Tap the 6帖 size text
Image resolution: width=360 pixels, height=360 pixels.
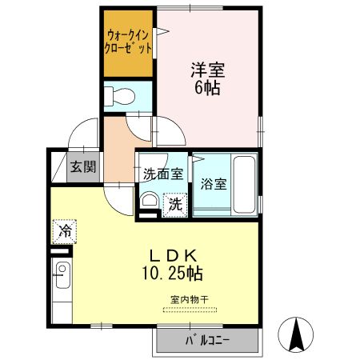click(206, 88)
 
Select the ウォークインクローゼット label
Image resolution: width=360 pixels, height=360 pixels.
click(128, 41)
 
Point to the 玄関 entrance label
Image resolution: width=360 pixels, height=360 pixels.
click(82, 167)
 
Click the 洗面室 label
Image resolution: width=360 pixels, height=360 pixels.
click(163, 172)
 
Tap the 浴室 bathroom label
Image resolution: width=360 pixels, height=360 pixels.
click(214, 183)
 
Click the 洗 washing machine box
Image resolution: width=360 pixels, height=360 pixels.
click(175, 204)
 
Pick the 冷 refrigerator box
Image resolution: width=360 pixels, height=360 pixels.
click(64, 231)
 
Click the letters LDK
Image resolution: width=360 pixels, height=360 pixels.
click(173, 255)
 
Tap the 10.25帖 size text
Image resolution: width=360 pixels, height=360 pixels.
click(173, 274)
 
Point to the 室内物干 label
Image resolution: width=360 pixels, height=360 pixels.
click(189, 299)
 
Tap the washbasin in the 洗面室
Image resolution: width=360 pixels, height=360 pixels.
click(149, 201)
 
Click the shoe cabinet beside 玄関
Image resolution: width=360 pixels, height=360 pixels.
click(58, 167)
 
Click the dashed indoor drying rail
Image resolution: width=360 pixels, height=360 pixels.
click(189, 307)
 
